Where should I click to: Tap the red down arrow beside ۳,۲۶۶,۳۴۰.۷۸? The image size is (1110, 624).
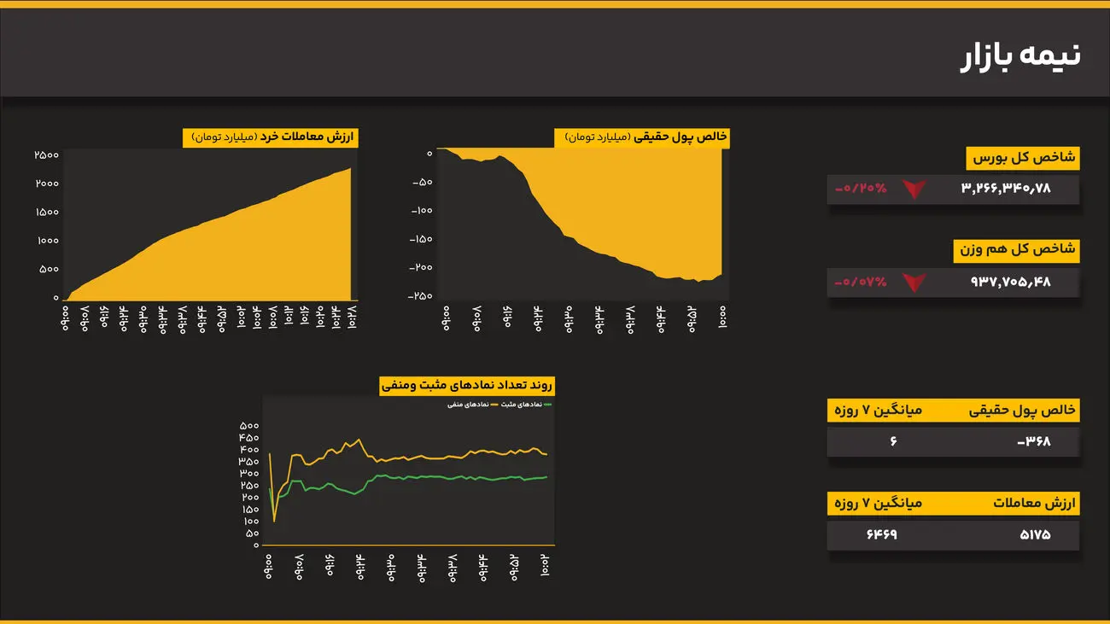(914, 189)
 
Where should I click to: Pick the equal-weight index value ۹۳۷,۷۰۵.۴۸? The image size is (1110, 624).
(1010, 282)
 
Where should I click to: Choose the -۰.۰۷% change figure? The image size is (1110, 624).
(861, 282)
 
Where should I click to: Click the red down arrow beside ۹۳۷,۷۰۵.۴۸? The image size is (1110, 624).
(914, 282)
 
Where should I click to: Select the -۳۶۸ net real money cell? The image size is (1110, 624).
(1034, 441)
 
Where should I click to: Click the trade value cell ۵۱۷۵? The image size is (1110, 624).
(1034, 535)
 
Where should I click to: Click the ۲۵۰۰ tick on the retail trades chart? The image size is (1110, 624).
(45, 155)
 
